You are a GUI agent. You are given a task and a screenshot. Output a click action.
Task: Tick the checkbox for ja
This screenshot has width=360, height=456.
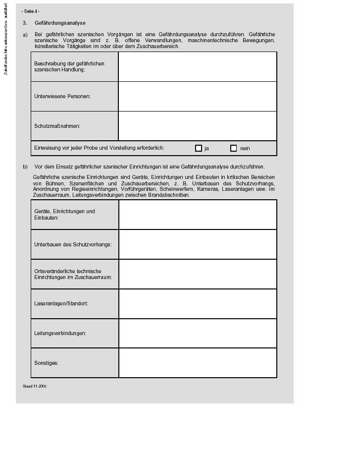pyautogui.click(x=199, y=148)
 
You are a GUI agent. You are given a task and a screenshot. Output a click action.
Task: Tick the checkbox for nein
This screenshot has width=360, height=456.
pyautogui.click(x=234, y=148)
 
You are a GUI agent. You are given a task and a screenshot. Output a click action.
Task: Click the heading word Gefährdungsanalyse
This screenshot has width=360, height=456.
pyautogui.click(x=60, y=23)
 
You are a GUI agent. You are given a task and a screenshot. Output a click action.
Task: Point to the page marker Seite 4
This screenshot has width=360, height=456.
pyautogui.click(x=31, y=11)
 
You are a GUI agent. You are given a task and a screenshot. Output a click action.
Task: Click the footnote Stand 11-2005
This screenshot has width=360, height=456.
pyautogui.click(x=35, y=386)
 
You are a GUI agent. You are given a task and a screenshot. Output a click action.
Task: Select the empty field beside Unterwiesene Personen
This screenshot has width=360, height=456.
pyautogui.click(x=197, y=96)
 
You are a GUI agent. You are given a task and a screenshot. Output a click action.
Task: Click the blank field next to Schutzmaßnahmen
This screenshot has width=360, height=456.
pyautogui.click(x=197, y=126)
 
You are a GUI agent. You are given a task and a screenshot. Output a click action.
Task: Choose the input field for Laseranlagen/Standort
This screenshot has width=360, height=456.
pyautogui.click(x=198, y=303)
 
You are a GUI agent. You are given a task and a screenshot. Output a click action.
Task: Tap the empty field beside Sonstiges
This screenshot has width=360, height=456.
pyautogui.click(x=198, y=363)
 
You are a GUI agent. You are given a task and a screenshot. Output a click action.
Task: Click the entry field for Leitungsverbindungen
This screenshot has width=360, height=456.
pyautogui.click(x=198, y=333)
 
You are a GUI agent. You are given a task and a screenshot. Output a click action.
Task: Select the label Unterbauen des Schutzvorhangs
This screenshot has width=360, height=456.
pyautogui.click(x=73, y=244)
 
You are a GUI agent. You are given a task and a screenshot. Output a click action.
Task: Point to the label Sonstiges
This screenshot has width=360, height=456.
pyautogui.click(x=46, y=363)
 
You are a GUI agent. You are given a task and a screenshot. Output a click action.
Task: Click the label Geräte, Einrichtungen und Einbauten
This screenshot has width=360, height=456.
pyautogui.click(x=64, y=215)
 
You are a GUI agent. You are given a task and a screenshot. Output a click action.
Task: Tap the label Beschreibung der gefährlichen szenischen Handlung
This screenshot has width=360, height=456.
pyautogui.click(x=69, y=66)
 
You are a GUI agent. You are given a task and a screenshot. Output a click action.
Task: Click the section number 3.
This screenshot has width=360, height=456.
pyautogui.click(x=25, y=23)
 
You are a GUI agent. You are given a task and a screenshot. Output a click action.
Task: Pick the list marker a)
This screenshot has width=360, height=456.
pyautogui.click(x=25, y=34)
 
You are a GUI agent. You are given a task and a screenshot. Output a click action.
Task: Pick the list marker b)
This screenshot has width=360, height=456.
pyautogui.click(x=25, y=167)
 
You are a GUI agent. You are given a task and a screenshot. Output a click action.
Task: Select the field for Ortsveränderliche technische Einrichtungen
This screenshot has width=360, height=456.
pyautogui.click(x=198, y=274)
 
